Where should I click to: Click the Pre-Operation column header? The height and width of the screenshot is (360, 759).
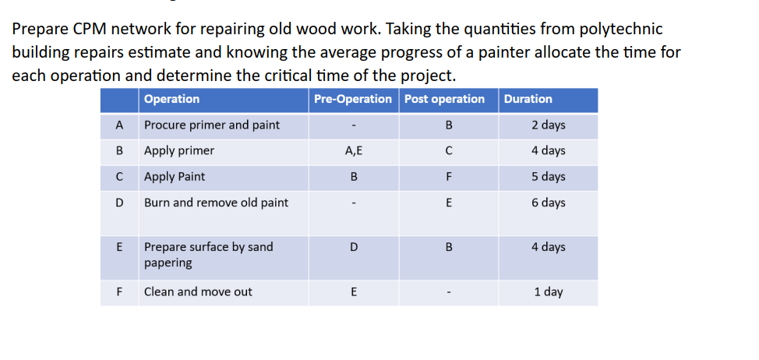click(353, 99)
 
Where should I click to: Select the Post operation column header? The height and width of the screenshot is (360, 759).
click(444, 99)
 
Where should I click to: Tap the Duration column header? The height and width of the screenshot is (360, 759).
click(528, 99)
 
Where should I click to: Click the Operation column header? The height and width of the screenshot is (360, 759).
click(172, 99)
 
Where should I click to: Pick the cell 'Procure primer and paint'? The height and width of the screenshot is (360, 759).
click(212, 125)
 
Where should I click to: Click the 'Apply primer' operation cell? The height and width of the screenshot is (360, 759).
click(179, 150)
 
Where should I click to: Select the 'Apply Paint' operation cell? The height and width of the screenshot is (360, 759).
click(175, 177)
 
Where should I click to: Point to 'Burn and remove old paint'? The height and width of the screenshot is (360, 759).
click(216, 203)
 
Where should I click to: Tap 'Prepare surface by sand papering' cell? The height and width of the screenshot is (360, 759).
click(208, 255)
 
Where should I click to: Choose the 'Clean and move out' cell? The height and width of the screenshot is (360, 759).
click(198, 292)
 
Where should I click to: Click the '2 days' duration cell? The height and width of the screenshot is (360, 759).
click(549, 125)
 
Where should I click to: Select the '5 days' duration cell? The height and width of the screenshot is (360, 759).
click(549, 177)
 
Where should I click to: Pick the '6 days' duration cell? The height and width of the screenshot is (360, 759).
click(549, 203)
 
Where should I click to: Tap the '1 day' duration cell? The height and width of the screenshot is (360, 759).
click(549, 292)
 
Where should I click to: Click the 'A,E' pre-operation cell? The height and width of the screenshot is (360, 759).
click(354, 150)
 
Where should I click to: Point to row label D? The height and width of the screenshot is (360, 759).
click(119, 203)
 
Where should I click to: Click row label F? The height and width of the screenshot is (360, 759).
click(119, 292)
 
